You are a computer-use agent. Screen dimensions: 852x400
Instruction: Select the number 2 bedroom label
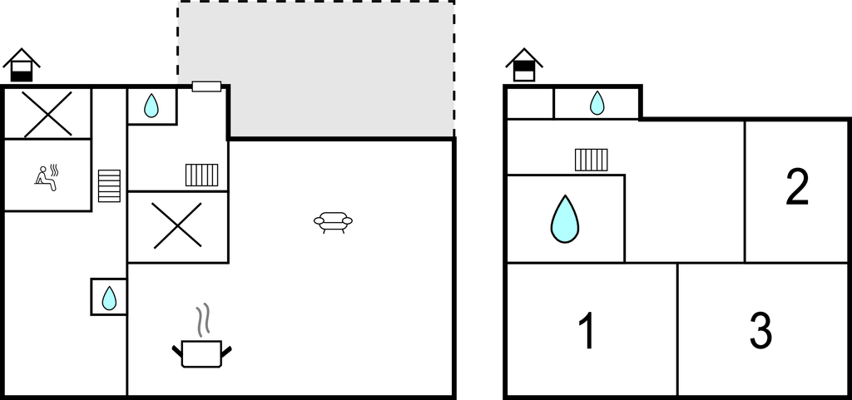point(797,187)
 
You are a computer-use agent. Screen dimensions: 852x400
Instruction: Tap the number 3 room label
point(760,331)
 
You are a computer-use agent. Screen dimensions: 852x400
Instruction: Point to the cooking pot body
point(201,354)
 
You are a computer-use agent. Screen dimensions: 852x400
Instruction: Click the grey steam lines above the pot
point(203,319)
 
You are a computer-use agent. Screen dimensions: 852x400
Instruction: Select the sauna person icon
point(47,177)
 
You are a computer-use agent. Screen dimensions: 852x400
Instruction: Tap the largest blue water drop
point(565,220)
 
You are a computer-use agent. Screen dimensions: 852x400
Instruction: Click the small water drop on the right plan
point(597,102)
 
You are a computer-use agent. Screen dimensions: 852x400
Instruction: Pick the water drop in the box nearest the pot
point(109,298)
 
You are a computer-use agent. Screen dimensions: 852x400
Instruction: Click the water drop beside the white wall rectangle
point(151,106)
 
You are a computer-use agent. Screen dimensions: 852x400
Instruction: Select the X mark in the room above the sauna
point(47,114)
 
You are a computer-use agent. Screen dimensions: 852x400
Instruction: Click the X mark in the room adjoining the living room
point(178,226)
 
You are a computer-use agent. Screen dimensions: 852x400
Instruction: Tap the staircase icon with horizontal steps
point(109,185)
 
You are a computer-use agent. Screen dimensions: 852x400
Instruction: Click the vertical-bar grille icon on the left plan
point(201,175)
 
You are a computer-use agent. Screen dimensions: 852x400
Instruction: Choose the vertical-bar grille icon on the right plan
point(592,160)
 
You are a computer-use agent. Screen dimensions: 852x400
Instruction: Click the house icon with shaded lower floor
point(22,65)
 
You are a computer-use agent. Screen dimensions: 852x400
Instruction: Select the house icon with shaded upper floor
point(524,65)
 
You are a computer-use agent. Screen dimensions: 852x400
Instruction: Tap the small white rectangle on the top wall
point(206,86)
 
